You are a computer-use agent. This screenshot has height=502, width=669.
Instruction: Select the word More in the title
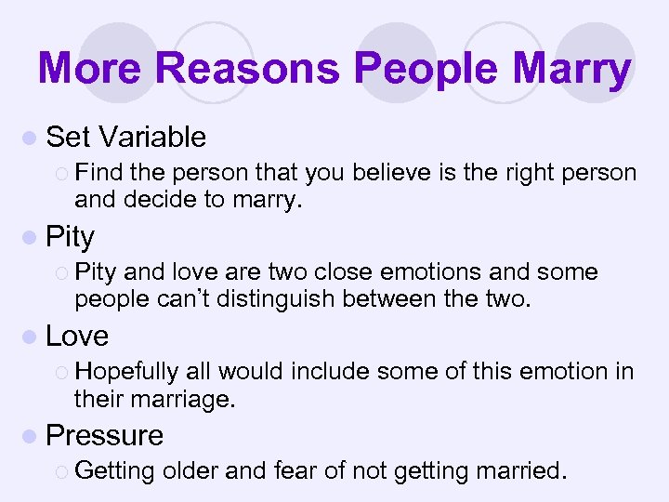(x=91, y=68)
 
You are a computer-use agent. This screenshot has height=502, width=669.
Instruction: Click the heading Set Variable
(x=125, y=138)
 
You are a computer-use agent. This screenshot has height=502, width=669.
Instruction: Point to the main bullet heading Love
(x=77, y=336)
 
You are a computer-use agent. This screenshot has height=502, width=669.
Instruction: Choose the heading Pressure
(x=104, y=435)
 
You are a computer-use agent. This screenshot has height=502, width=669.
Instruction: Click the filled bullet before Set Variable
(x=33, y=139)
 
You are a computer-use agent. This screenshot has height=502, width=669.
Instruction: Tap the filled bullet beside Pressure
(x=33, y=436)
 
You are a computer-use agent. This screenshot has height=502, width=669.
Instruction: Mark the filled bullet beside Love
(x=33, y=337)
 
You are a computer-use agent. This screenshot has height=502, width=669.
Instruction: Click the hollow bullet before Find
(x=62, y=173)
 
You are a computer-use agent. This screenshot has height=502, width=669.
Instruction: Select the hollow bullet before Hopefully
(x=62, y=372)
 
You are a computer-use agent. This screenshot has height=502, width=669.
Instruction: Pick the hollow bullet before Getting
(x=62, y=471)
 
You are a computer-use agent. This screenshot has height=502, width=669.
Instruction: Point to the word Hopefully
(x=127, y=372)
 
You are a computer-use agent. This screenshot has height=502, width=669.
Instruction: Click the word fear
(x=295, y=471)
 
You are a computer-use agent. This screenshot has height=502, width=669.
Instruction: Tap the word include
(x=333, y=372)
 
